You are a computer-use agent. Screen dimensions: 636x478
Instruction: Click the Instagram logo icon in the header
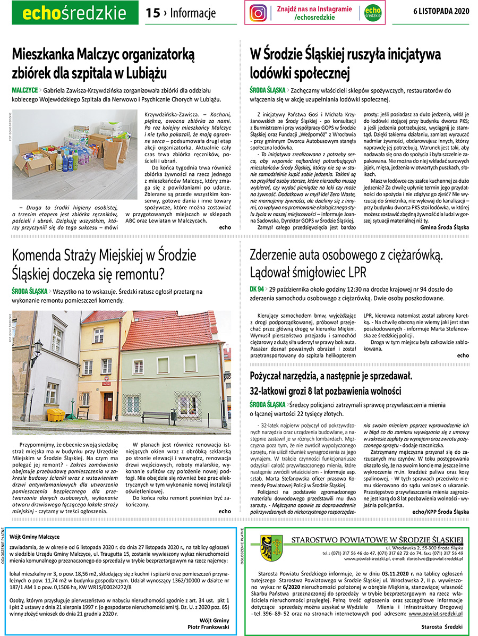pyautogui.click(x=259, y=13)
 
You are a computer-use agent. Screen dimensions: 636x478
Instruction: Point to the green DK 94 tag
pyautogui.click(x=257, y=290)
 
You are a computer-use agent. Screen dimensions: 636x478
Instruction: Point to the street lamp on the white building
pyautogui.click(x=37, y=349)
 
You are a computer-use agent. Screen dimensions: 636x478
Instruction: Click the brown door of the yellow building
pyautogui.click(x=108, y=405)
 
